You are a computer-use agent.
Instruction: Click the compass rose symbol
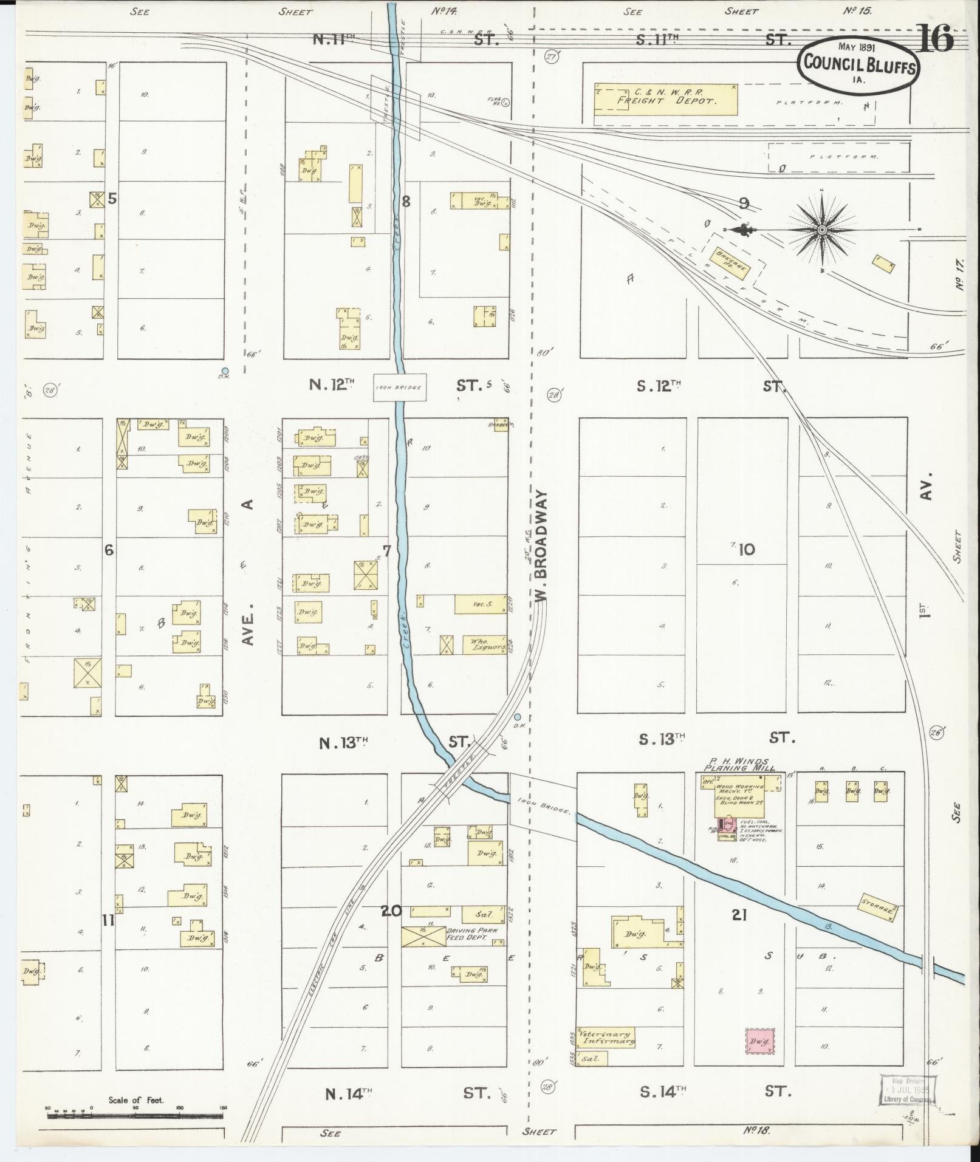click(821, 230)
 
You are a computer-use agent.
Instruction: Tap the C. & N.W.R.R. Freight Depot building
click(666, 100)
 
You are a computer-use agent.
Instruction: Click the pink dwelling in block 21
click(760, 1042)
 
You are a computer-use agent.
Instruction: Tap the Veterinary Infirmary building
click(606, 1036)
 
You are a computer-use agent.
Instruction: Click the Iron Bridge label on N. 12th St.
click(399, 388)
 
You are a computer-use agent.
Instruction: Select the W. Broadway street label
click(542, 547)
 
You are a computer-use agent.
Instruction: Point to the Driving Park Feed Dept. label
click(476, 935)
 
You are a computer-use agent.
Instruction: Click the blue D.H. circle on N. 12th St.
click(225, 371)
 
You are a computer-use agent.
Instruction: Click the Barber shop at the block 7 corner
click(501, 423)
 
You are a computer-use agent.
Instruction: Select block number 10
click(747, 550)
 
